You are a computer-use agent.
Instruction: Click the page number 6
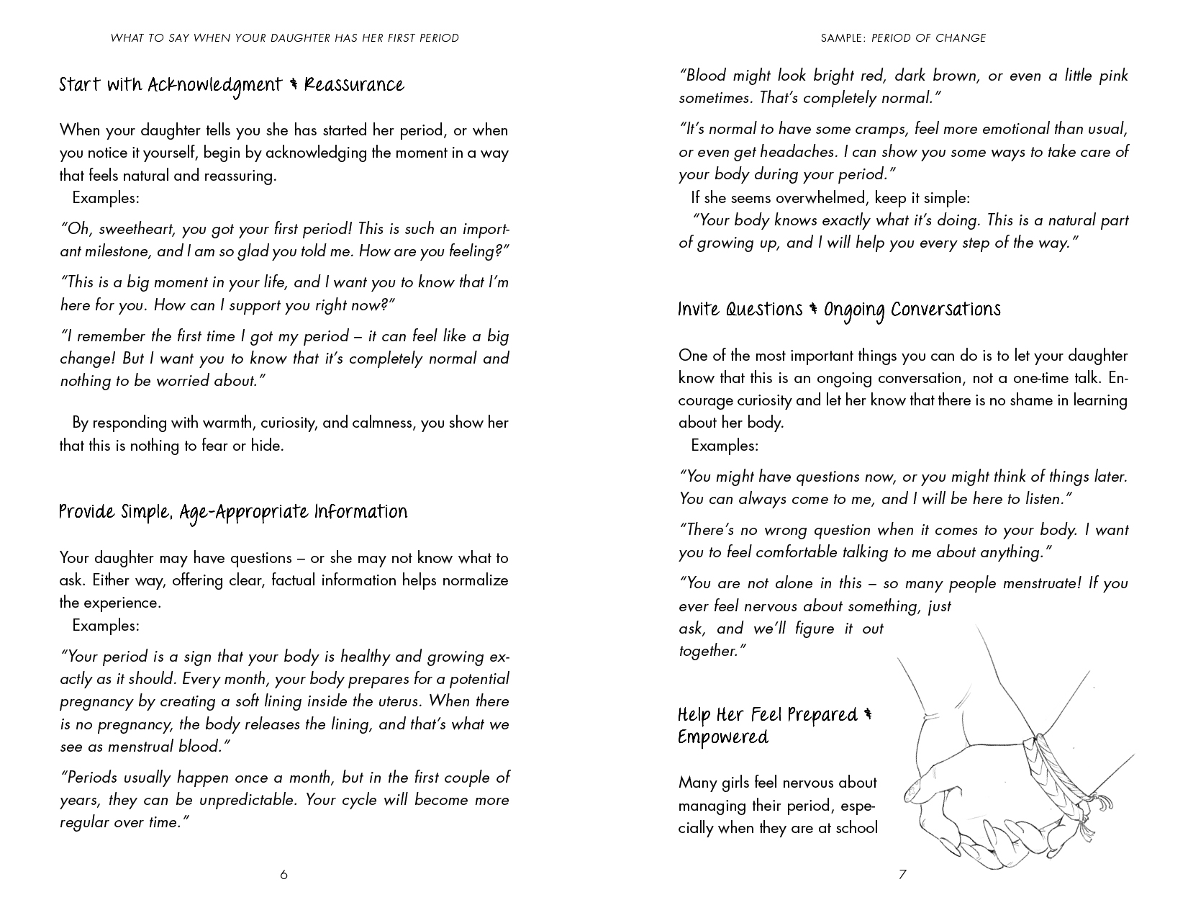click(284, 875)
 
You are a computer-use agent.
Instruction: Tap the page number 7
click(902, 875)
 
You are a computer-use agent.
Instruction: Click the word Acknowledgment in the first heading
click(214, 86)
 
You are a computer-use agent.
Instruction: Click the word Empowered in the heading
click(723, 738)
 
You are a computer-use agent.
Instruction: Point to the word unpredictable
click(243, 800)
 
